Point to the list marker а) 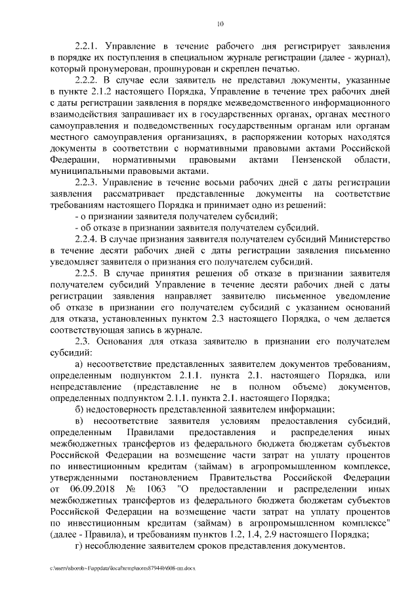pyautogui.click(x=79, y=362)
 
